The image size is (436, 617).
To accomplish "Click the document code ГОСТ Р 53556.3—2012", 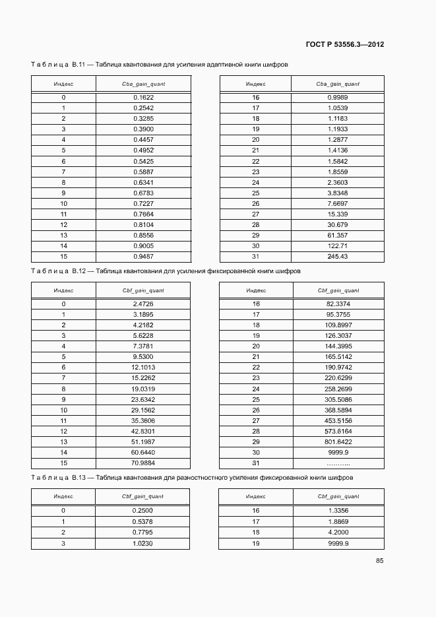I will (x=345, y=45).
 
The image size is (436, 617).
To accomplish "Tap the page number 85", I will (x=379, y=560).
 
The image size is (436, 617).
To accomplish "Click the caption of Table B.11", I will (x=160, y=65).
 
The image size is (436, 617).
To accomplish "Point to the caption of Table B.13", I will (x=192, y=477).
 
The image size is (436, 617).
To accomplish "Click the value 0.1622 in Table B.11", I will (x=143, y=98).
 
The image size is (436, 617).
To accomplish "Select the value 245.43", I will (x=337, y=256).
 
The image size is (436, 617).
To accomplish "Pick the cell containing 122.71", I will (x=337, y=245).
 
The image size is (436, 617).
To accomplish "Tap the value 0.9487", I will (x=143, y=256).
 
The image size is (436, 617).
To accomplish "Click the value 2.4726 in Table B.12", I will (x=143, y=304).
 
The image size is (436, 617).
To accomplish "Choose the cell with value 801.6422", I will (x=338, y=441).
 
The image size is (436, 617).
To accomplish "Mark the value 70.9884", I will (x=143, y=462).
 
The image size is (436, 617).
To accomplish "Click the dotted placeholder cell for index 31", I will (x=338, y=462).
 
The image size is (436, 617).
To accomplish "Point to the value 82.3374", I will (x=338, y=304).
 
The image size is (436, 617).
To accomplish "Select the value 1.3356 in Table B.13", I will (x=338, y=510).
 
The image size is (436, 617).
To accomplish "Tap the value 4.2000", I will (x=338, y=531).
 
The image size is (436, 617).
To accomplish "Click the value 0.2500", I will (x=143, y=510).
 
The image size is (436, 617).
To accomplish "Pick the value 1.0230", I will (x=143, y=542).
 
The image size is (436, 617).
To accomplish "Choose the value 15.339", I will (x=338, y=214).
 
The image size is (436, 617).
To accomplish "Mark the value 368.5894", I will (x=338, y=409).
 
